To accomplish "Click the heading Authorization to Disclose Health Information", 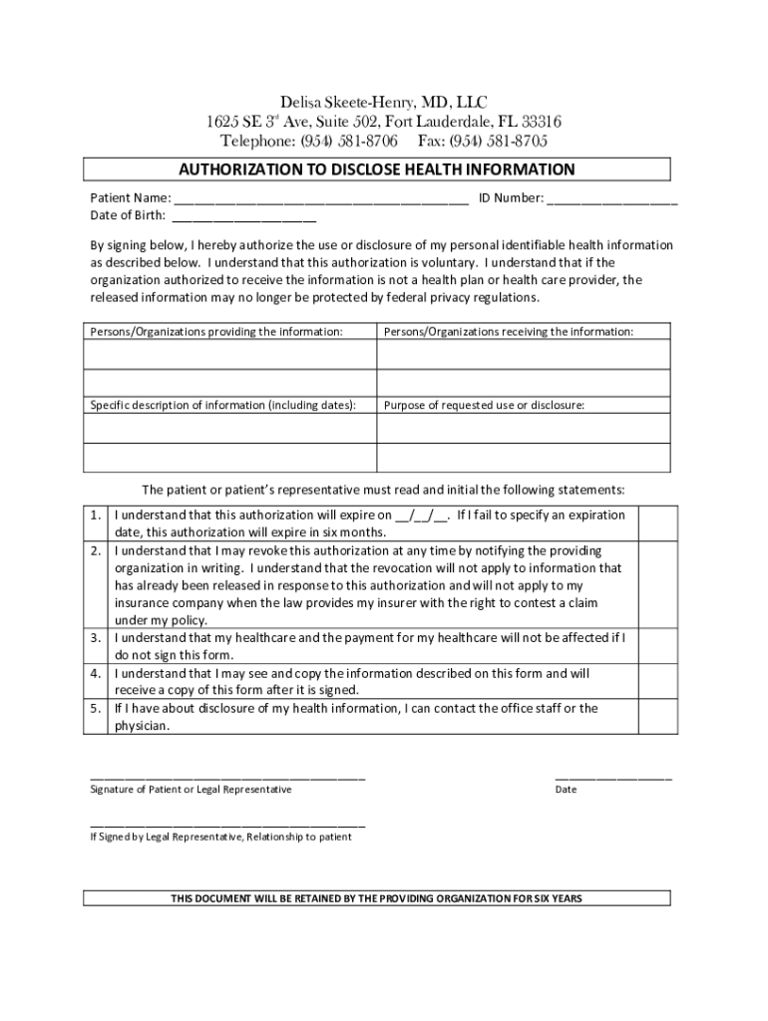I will click(376, 170).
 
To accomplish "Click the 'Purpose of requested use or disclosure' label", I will click(485, 406).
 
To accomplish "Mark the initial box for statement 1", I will click(657, 523).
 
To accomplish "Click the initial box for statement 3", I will click(657, 645).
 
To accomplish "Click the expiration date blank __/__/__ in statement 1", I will click(422, 516).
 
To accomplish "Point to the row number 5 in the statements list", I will click(95, 709).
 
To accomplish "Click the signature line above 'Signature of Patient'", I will click(227, 777).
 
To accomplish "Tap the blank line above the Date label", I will click(612, 777).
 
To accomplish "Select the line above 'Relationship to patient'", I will click(227, 825).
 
